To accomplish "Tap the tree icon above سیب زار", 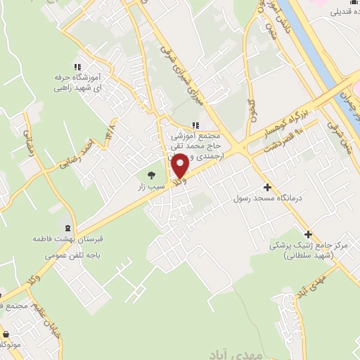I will (149, 174).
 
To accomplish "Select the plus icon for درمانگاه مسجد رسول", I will (266, 187).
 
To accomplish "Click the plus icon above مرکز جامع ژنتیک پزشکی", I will (307, 233).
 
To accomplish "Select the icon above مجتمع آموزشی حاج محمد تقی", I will (195, 125).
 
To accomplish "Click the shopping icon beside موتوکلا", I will (6, 334).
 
